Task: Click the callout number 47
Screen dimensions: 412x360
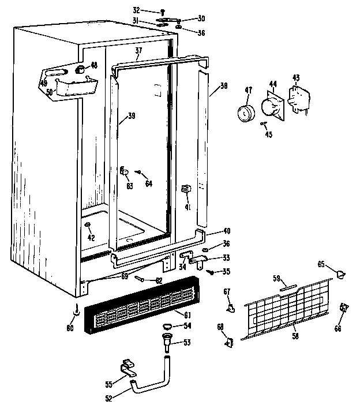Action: [x=249, y=90]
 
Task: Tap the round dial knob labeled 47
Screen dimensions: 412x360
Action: [x=245, y=113]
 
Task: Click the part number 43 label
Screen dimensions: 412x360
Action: [x=296, y=78]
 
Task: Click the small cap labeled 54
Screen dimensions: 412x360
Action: [x=167, y=327]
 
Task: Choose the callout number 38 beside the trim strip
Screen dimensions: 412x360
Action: [x=223, y=86]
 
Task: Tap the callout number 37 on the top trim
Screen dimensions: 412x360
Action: [x=138, y=51]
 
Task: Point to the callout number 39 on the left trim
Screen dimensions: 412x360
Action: [x=132, y=116]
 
